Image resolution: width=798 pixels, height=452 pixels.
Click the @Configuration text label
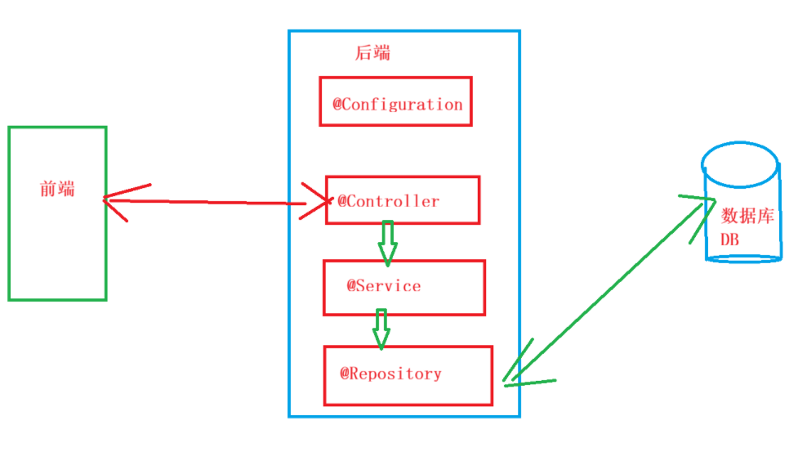click(x=398, y=105)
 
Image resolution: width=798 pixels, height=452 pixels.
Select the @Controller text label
click(x=389, y=201)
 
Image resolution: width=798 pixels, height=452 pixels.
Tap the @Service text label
click(x=384, y=286)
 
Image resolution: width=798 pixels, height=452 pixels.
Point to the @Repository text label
click(x=391, y=374)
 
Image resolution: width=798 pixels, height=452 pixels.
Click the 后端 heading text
click(x=372, y=53)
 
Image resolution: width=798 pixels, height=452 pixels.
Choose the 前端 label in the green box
click(x=57, y=189)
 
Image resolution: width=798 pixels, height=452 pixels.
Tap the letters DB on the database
click(x=729, y=239)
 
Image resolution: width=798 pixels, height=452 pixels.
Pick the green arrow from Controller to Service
click(x=387, y=241)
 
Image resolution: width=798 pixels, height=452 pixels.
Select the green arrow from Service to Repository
click(x=381, y=327)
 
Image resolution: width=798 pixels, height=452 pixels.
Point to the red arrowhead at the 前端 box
click(x=118, y=199)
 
